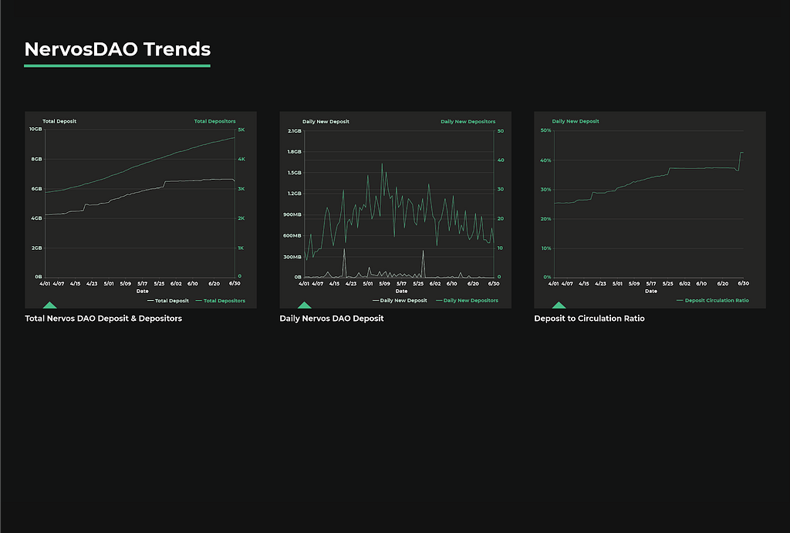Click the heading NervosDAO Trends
click(117, 49)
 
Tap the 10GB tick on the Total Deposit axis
click(35, 130)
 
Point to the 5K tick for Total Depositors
click(241, 130)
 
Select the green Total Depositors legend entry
click(224, 301)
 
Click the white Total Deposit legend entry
click(171, 301)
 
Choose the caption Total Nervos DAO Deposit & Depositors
click(103, 319)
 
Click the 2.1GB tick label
click(294, 130)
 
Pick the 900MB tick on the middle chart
click(292, 214)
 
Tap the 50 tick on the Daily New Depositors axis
click(500, 130)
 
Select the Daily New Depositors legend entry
click(472, 301)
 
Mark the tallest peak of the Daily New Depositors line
click(382, 164)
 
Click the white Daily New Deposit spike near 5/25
click(423, 251)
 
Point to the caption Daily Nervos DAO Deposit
click(332, 319)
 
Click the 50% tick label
click(545, 130)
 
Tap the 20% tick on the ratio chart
click(545, 218)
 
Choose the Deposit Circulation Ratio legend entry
click(716, 301)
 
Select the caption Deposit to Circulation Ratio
click(589, 319)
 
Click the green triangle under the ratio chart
click(559, 305)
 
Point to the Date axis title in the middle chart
click(401, 291)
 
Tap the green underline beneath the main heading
click(117, 66)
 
